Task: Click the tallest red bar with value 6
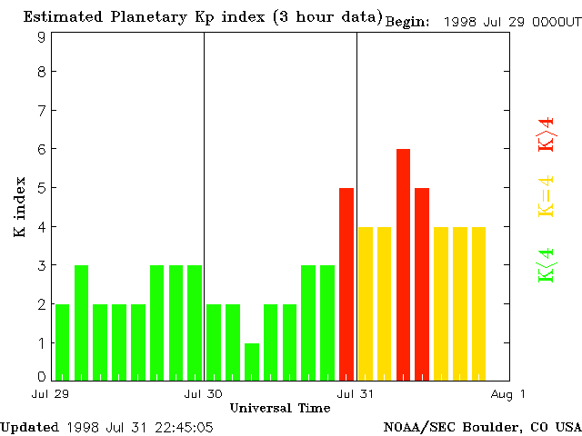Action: point(403,263)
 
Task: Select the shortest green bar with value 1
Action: point(252,361)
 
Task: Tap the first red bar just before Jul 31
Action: point(346,283)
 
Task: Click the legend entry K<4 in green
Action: point(546,265)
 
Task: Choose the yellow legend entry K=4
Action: point(546,196)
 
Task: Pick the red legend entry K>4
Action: point(546,134)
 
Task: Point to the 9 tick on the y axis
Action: point(42,37)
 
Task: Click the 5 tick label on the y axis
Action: point(42,188)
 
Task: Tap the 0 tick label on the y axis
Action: point(42,377)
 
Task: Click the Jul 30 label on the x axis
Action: point(203,394)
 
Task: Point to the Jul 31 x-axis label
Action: point(356,394)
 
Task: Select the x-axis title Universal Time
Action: point(280,408)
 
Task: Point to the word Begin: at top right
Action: point(407,22)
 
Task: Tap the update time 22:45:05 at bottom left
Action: point(183,426)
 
